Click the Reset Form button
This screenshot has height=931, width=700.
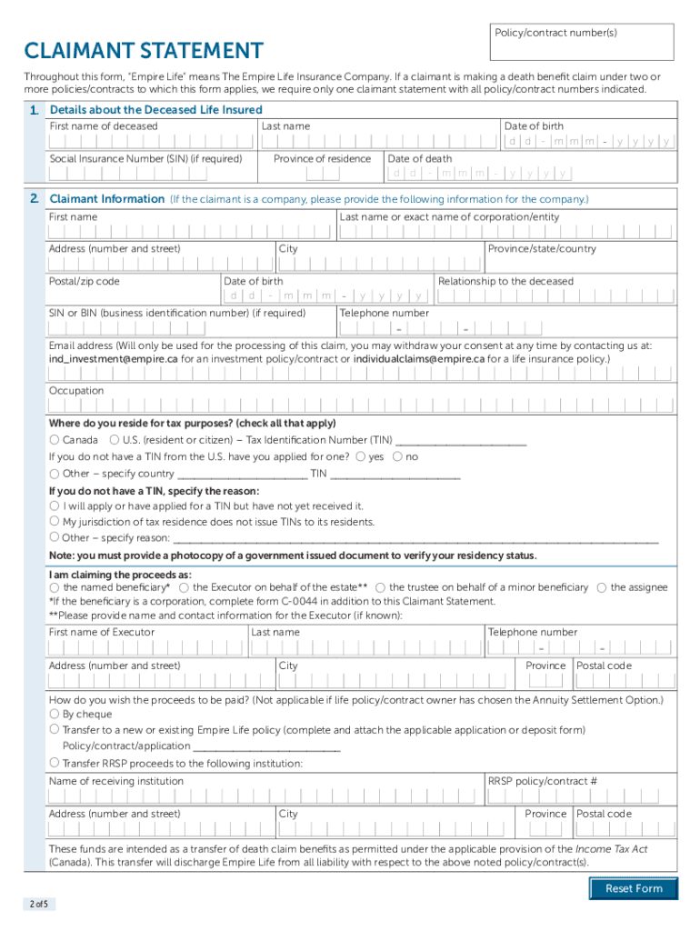(x=634, y=888)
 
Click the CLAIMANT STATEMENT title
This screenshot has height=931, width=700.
(x=144, y=51)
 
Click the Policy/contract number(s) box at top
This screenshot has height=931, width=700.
(x=583, y=43)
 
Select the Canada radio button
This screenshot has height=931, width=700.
(x=55, y=440)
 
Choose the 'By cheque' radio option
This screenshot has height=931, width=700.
(x=55, y=714)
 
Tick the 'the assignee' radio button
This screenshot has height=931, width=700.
(x=602, y=587)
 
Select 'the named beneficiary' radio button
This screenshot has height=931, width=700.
(x=55, y=587)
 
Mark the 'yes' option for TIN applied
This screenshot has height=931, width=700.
(x=361, y=456)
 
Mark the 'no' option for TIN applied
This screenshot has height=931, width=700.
(x=397, y=456)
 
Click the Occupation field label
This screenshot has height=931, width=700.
(x=76, y=391)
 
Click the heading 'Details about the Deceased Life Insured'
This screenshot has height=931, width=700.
(x=155, y=110)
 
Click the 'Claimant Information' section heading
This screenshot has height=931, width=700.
(x=106, y=199)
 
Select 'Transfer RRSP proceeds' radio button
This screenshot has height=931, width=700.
(x=55, y=763)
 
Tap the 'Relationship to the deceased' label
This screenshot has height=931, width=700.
(x=505, y=282)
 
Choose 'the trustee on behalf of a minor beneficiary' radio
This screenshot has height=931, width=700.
(x=381, y=587)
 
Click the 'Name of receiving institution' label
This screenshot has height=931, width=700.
(x=115, y=781)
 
